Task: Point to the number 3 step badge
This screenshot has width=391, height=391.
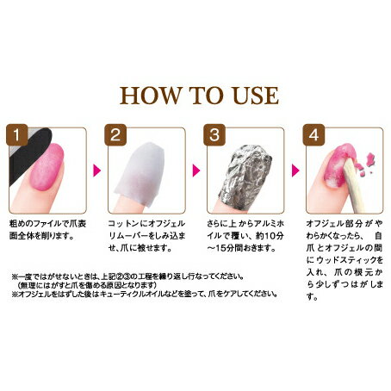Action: coord(214,134)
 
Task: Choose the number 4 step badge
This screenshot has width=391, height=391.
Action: coord(313,134)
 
